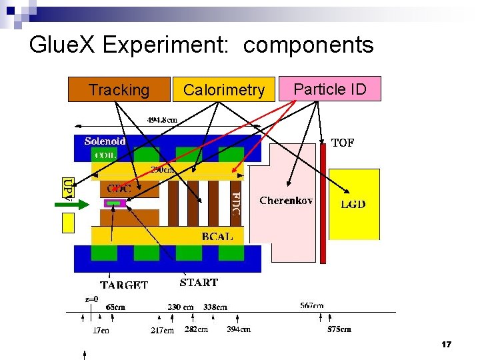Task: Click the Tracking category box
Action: click(119, 90)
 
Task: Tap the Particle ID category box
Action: click(330, 89)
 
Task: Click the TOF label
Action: click(343, 143)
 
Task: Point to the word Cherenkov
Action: click(286, 200)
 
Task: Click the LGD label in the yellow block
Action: click(353, 204)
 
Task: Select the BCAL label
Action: click(217, 235)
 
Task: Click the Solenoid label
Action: click(105, 141)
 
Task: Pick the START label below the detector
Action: click(199, 282)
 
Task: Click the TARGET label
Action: click(124, 285)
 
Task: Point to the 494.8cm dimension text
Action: click(162, 120)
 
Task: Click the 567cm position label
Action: click(312, 306)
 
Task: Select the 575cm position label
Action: click(339, 329)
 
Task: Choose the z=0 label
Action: click(91, 299)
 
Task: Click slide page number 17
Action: click(446, 345)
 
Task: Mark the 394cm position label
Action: click(239, 329)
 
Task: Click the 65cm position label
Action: click(115, 307)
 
